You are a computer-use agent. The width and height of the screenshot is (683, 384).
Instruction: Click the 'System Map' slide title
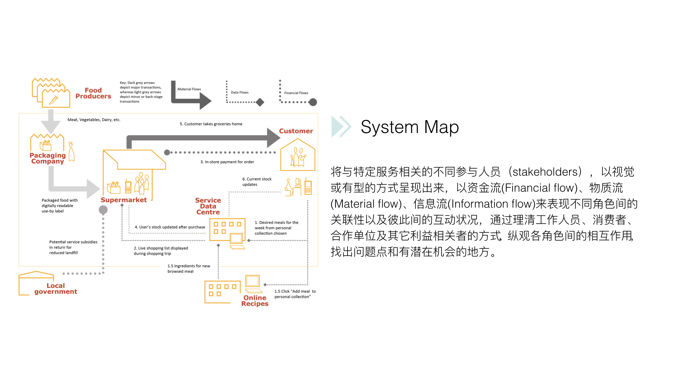pos(410,127)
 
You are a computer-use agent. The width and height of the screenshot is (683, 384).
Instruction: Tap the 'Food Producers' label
pos(93,93)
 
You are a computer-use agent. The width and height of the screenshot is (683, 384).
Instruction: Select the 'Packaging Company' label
pos(48,158)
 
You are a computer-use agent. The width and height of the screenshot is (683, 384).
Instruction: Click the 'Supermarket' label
pos(123,200)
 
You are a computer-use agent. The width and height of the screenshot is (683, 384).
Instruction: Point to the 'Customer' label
pos(296,131)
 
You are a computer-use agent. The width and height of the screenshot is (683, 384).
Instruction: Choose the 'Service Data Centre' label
pos(208,206)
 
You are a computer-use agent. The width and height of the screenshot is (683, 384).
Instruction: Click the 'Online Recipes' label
pos(255,300)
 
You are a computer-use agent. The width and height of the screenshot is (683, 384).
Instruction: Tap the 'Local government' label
pos(55,289)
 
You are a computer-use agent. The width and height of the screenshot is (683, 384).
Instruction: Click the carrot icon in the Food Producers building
pos(54,100)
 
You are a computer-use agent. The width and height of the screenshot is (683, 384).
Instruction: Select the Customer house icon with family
pos(298,155)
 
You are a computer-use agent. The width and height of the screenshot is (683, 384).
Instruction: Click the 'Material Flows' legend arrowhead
pos(205,101)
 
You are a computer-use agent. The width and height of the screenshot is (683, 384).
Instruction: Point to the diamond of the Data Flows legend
pos(260,102)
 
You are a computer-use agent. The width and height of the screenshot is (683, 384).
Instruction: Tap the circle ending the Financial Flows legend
pos(313,102)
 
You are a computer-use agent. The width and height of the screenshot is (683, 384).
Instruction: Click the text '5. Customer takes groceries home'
pos(211,124)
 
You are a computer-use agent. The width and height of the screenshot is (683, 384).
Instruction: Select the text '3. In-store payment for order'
pos(227,162)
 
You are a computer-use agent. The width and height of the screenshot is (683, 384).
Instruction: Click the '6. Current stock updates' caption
pos(257,182)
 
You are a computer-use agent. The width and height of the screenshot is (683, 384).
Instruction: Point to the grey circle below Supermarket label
pos(103,210)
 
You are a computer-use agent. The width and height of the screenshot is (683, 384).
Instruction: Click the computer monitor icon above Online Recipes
pos(253,281)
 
